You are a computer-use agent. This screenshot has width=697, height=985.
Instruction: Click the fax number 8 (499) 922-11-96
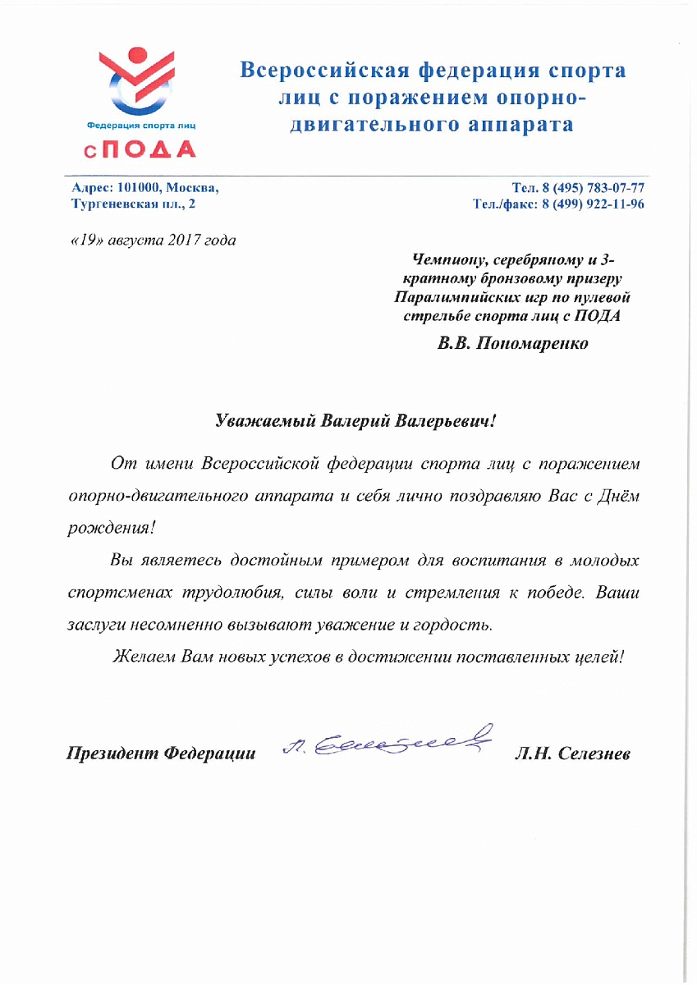click(x=591, y=204)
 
